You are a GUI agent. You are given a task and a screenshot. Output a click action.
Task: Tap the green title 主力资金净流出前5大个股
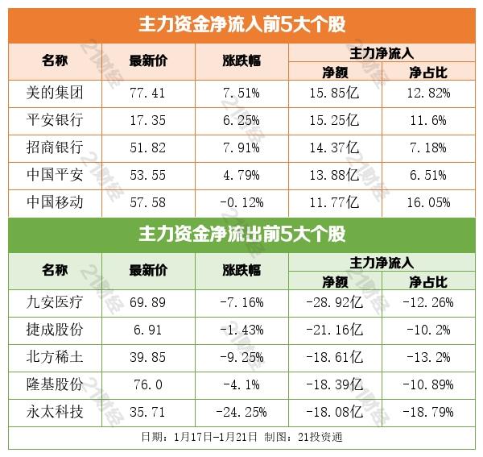point(241,235)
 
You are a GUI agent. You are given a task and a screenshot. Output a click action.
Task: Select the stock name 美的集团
point(55,93)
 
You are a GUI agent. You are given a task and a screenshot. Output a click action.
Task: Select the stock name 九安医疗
point(55,304)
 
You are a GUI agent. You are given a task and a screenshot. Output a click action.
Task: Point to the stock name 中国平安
point(55,172)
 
